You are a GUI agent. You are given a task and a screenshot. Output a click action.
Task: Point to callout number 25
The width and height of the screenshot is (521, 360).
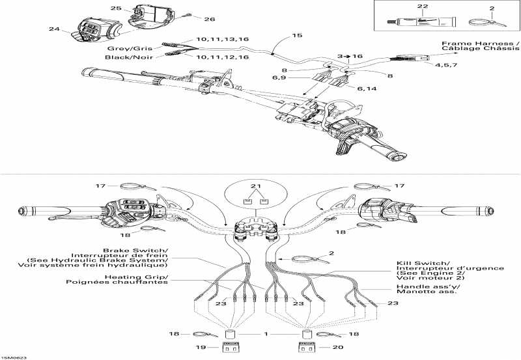pyautogui.click(x=116, y=8)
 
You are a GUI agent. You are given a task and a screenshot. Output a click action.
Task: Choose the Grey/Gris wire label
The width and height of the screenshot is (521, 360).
pyautogui.click(x=124, y=48)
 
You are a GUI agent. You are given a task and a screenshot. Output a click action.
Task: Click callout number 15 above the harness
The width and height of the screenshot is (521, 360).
pyautogui.click(x=297, y=35)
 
